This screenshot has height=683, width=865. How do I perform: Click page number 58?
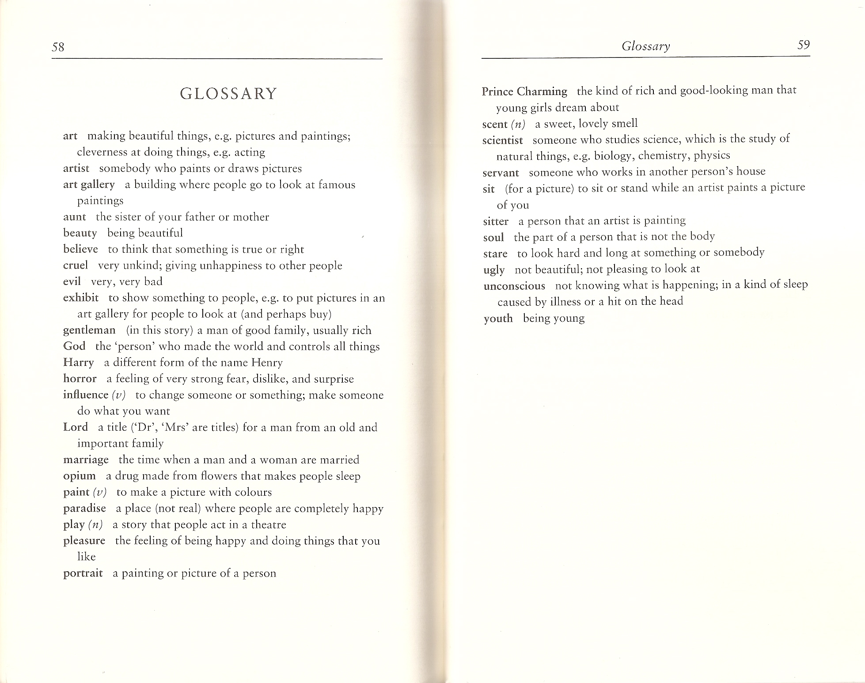tap(58, 47)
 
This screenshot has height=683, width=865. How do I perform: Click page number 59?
tap(803, 45)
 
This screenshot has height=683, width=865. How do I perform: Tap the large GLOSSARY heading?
tap(228, 94)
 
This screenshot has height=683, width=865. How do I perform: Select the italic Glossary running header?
tap(645, 46)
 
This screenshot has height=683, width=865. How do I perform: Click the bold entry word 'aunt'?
tap(74, 217)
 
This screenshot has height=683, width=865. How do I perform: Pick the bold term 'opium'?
tap(79, 476)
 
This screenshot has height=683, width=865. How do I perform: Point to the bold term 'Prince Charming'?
tap(524, 91)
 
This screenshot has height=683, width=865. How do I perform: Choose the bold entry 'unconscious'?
tap(514, 286)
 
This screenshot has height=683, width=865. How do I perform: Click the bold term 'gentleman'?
tap(89, 330)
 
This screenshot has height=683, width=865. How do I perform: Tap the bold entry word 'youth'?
tap(498, 319)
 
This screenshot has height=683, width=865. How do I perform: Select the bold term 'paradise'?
tap(84, 508)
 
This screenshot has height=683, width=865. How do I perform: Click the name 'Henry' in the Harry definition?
tap(267, 363)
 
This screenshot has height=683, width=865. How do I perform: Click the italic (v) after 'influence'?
tap(119, 395)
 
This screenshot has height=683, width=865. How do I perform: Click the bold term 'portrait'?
tap(83, 573)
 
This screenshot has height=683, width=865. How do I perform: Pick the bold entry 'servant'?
tap(501, 173)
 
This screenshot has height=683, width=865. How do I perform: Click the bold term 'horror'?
tap(80, 379)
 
